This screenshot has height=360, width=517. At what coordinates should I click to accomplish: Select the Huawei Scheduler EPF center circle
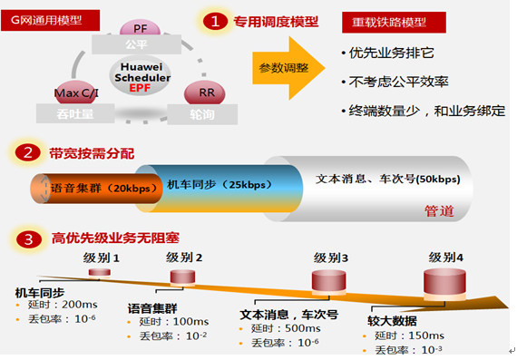coord(139,77)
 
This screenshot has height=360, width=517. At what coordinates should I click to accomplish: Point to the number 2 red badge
coord(29,154)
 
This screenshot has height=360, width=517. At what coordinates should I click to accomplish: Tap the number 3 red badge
coord(29,239)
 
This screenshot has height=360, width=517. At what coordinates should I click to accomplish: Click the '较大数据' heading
coord(393,321)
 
